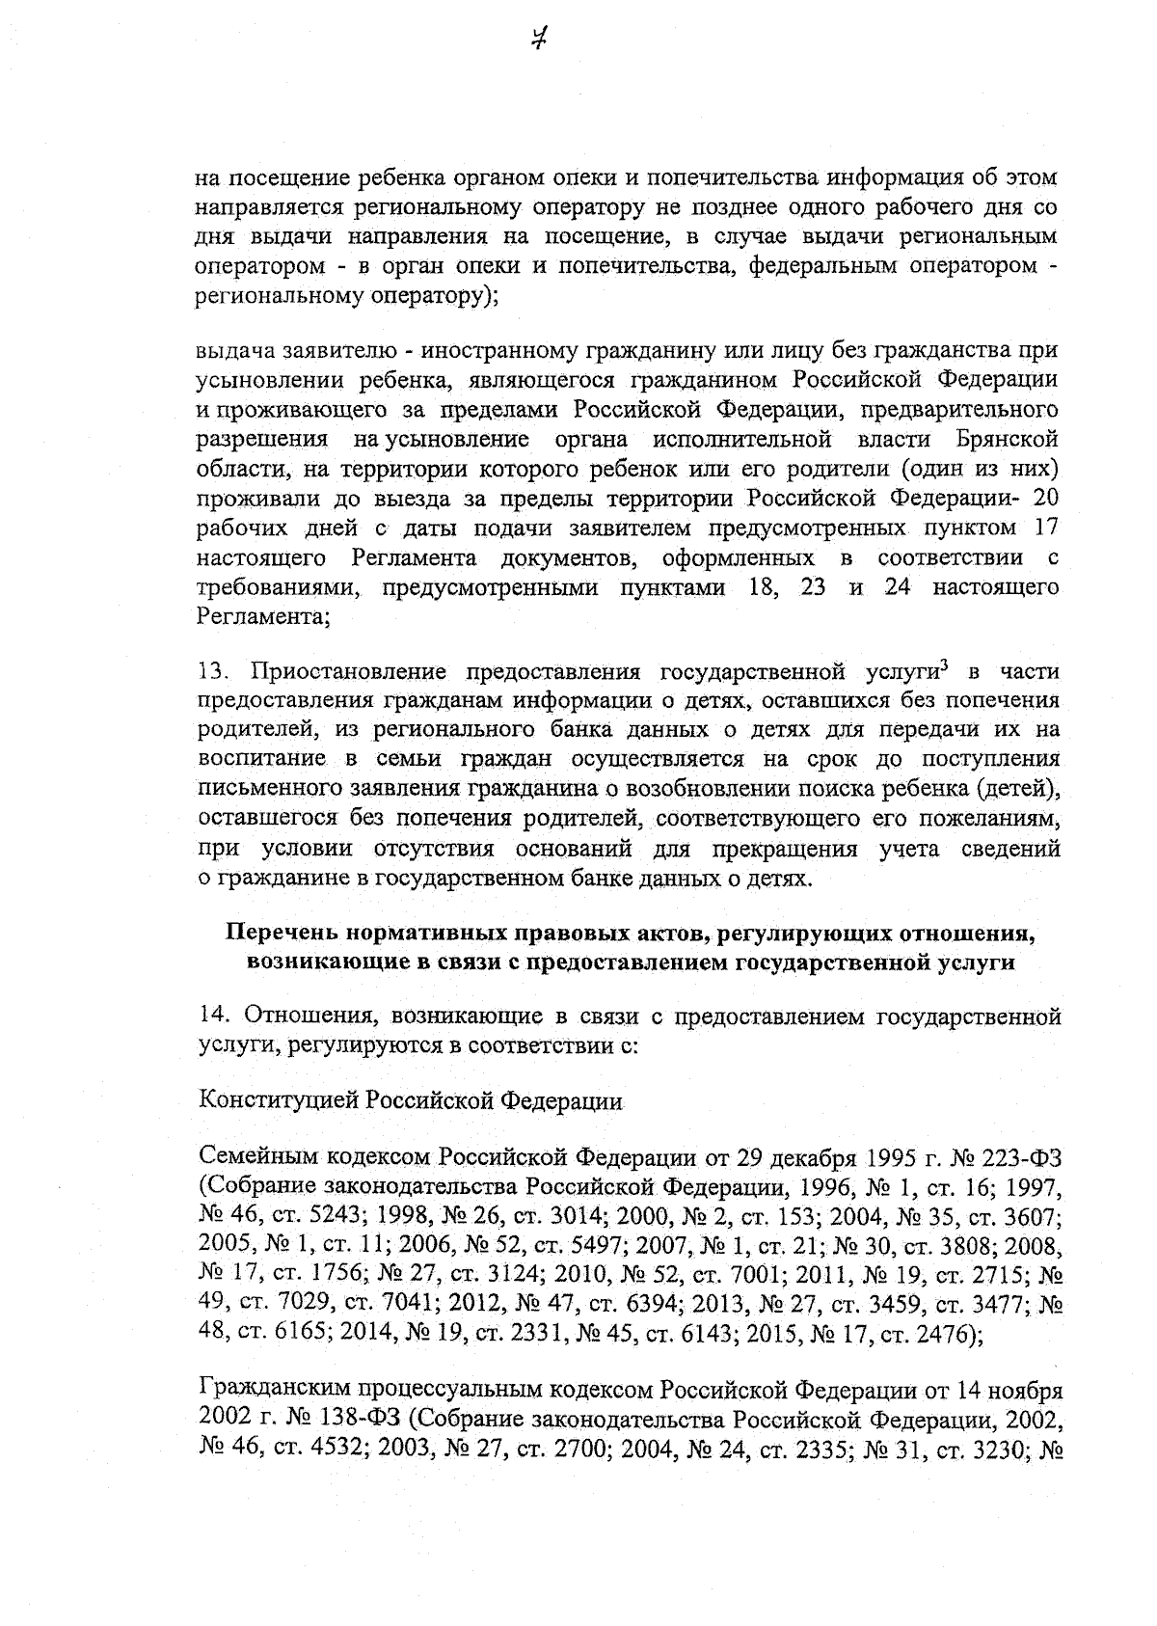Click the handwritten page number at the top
pos(541,40)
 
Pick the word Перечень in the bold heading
pos(283,934)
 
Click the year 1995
pos(891,1158)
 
